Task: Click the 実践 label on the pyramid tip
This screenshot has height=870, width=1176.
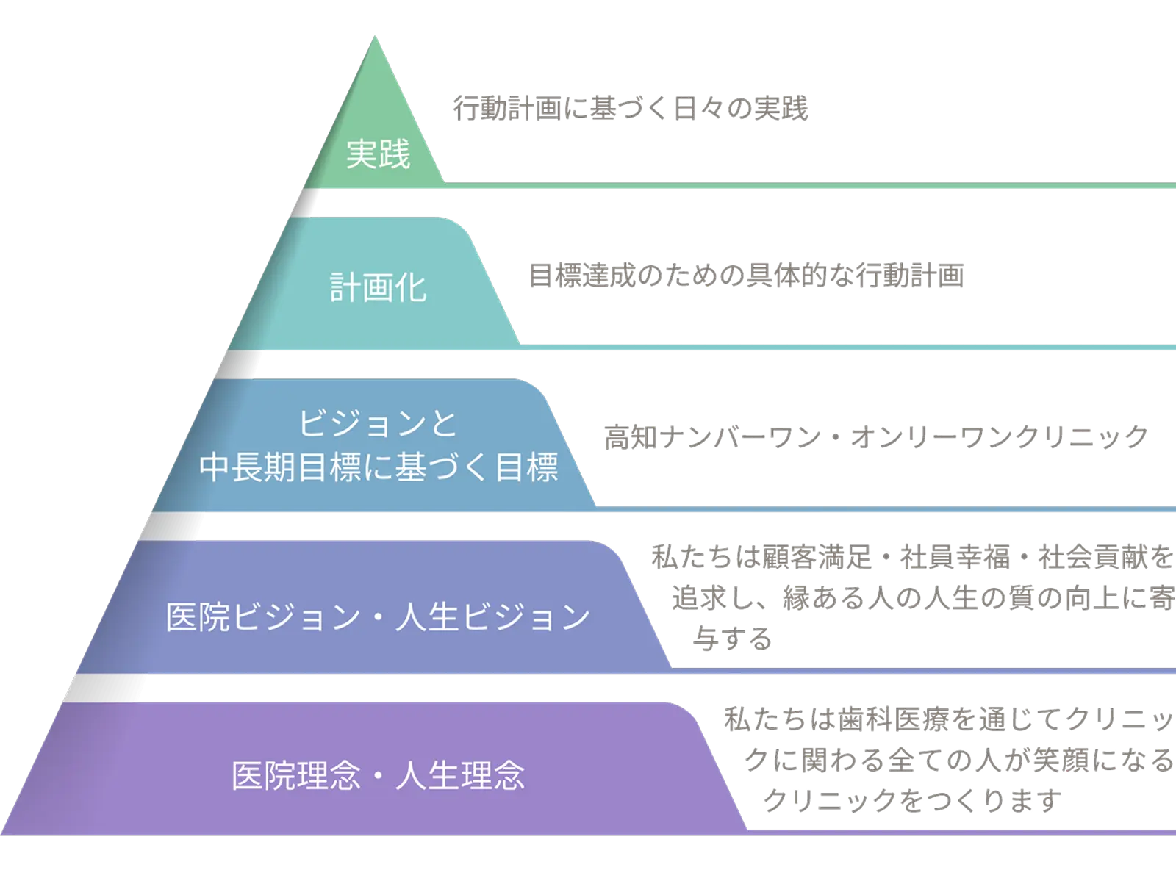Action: (378, 154)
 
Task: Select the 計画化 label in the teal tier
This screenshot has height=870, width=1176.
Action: (378, 287)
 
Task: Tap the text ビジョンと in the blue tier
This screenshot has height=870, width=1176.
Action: (378, 424)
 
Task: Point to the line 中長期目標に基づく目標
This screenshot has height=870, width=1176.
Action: (378, 467)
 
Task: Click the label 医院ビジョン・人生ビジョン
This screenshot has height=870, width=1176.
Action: (378, 616)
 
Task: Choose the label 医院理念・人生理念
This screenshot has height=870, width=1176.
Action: (378, 776)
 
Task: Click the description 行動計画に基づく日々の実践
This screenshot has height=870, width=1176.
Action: (631, 109)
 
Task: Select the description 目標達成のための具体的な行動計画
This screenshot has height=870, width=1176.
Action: (745, 275)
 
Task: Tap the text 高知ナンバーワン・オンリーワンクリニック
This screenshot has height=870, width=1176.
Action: (875, 438)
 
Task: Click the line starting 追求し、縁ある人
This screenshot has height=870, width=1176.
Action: (922, 598)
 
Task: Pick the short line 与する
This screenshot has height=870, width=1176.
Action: (733, 639)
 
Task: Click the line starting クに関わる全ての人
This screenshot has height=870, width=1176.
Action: (959, 761)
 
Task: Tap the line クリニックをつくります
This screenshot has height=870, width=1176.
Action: (911, 800)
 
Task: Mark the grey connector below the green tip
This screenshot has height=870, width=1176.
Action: (304, 203)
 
